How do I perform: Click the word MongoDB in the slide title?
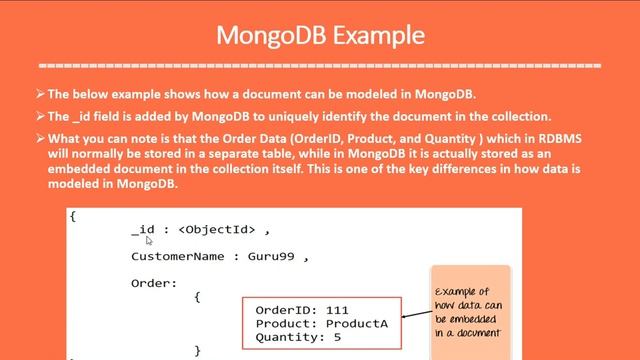point(272,35)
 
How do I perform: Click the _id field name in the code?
point(143,230)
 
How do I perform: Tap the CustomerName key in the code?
point(176,257)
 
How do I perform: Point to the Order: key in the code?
point(153,283)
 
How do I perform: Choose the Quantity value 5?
point(337,338)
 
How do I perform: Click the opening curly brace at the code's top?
point(73,216)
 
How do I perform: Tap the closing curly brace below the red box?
point(198,350)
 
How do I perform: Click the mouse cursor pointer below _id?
point(149,241)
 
